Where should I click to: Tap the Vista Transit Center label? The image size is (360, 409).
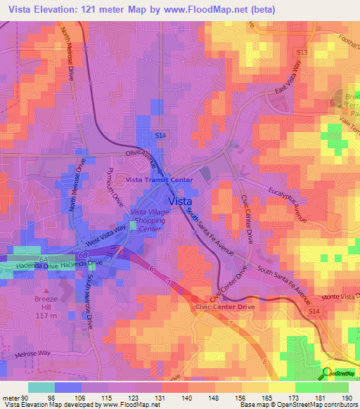point(159,180)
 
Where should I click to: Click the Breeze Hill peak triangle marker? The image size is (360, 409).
point(48,289)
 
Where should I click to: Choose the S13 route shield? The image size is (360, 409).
point(302,52)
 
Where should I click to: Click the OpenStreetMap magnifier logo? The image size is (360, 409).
point(326,373)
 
